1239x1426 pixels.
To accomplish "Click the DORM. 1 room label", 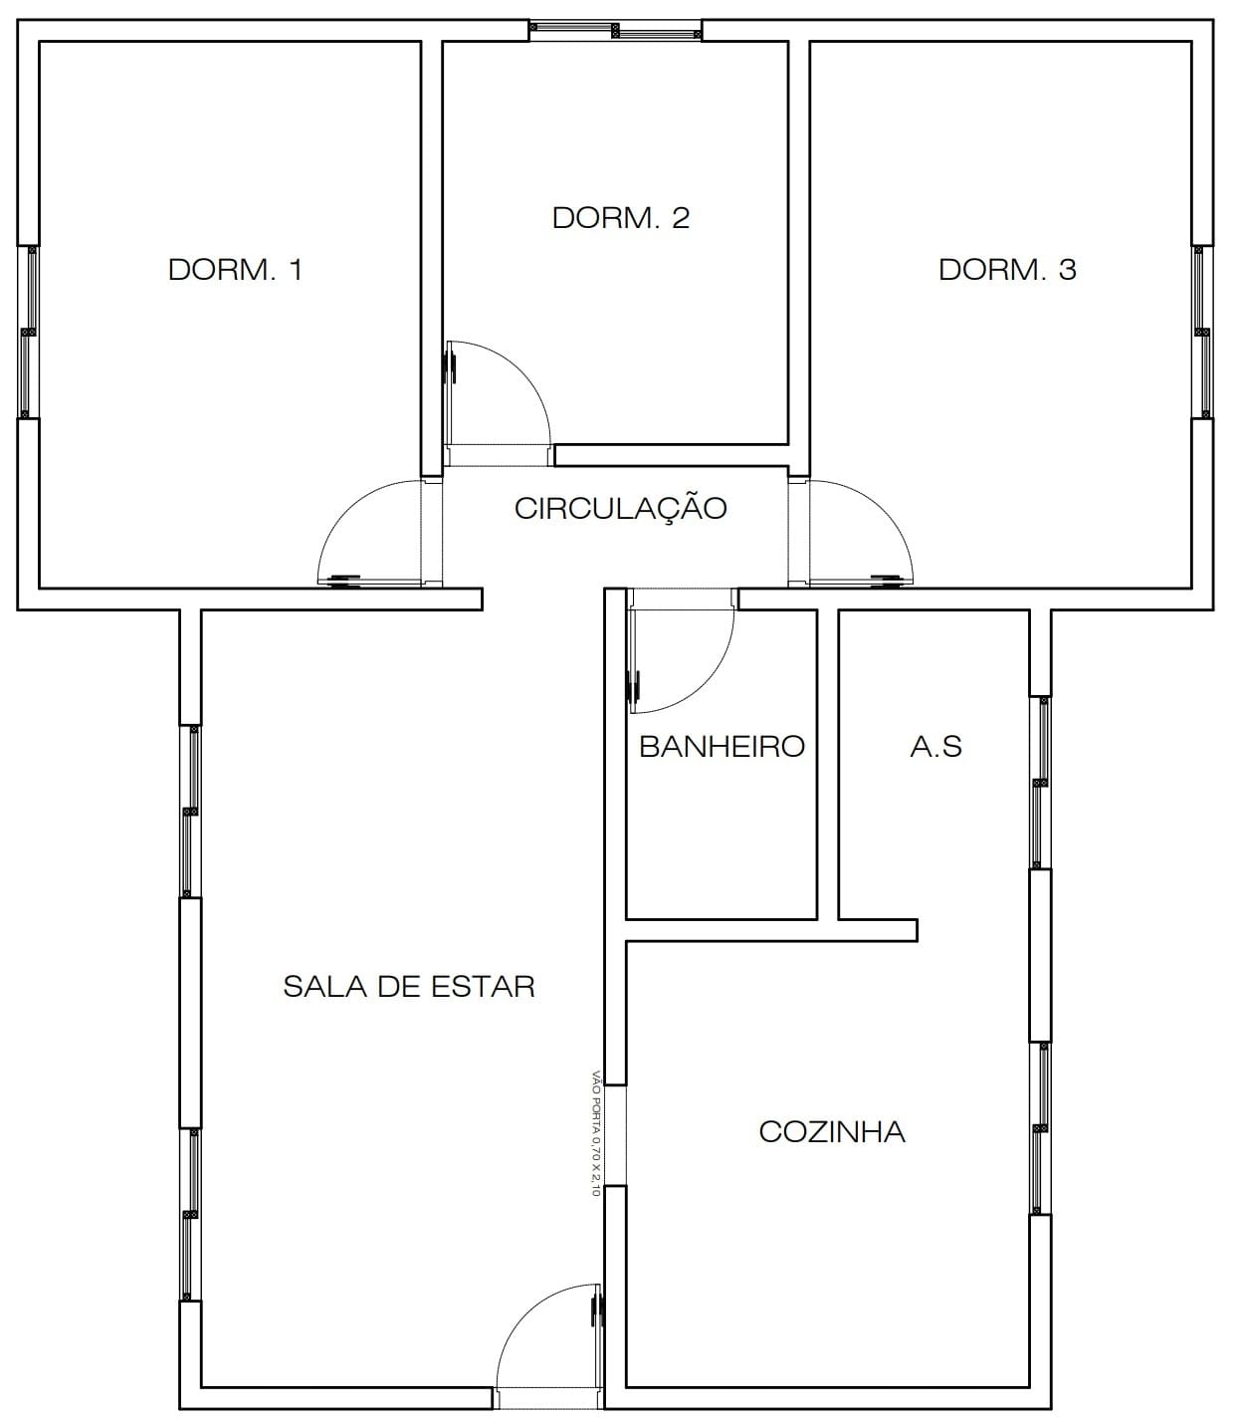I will tap(235, 270).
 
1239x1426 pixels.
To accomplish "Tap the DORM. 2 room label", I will tap(620, 218).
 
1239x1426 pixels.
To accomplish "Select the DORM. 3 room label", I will tap(1007, 270).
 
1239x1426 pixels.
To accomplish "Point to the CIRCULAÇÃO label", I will tap(620, 509).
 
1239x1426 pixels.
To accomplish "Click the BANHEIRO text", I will tap(722, 747).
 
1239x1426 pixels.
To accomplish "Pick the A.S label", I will tap(935, 747).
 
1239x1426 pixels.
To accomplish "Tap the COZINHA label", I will tap(832, 1132).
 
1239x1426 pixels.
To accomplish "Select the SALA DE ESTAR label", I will tap(409, 987).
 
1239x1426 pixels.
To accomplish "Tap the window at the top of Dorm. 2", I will tap(614, 31).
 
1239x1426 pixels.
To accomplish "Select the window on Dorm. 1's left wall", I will tap(29, 332).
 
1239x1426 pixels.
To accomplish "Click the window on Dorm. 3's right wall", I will tap(1202, 332).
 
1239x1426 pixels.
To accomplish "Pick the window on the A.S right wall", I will tap(1040, 783).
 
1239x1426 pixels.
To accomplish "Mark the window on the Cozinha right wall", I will tap(1040, 1128).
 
